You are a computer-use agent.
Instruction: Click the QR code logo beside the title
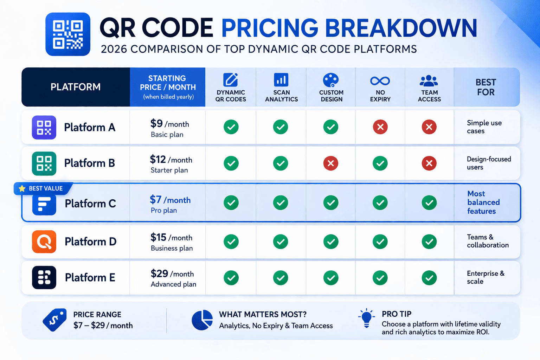pyautogui.click(x=68, y=34)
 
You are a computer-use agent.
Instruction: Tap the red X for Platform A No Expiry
pyautogui.click(x=380, y=127)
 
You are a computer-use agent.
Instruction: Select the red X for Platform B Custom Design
pyautogui.click(x=330, y=163)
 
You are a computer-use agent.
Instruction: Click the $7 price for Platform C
pyautogui.click(x=156, y=200)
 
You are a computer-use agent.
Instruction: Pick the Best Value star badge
pyautogui.click(x=43, y=188)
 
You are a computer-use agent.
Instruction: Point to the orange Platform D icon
pyautogui.click(x=44, y=242)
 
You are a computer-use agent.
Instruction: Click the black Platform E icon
pyautogui.click(x=44, y=277)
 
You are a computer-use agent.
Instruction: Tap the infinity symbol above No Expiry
pyautogui.click(x=380, y=81)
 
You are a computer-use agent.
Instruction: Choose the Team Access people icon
pyautogui.click(x=429, y=81)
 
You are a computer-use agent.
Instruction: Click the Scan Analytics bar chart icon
pyautogui.click(x=281, y=80)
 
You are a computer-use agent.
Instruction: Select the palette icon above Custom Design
pyautogui.click(x=331, y=80)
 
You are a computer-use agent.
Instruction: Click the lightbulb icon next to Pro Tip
pyautogui.click(x=366, y=318)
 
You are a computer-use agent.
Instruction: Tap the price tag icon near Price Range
pyautogui.click(x=54, y=320)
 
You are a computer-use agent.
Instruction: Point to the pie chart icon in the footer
pyautogui.click(x=202, y=320)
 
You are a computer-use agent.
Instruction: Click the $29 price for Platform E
pyautogui.click(x=159, y=274)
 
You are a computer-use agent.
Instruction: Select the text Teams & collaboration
pyautogui.click(x=488, y=241)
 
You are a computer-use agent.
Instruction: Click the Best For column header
pyautogui.click(x=486, y=87)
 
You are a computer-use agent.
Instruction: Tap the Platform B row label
pyautogui.click(x=89, y=163)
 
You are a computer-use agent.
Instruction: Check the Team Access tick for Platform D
pyautogui.click(x=429, y=242)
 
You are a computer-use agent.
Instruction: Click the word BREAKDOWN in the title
pyautogui.click(x=401, y=28)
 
